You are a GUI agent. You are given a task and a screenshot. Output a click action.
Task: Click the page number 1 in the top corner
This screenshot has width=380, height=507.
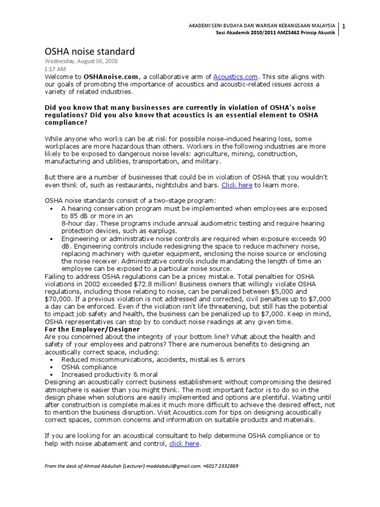(344, 26)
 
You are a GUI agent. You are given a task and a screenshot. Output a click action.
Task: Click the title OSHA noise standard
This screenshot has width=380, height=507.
(90, 51)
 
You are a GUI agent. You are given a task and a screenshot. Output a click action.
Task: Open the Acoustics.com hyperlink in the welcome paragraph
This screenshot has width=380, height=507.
(236, 77)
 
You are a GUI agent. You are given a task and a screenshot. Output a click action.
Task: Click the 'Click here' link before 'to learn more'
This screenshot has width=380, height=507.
(237, 185)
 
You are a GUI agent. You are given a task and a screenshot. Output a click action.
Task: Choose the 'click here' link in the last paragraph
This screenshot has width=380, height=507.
(184, 444)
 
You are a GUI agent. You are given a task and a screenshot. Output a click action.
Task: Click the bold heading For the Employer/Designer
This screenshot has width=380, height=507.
(93, 329)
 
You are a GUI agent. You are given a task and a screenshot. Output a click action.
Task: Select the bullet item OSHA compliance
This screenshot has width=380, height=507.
(89, 367)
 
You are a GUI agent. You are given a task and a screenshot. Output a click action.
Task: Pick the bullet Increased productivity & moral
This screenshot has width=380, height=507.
(110, 375)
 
